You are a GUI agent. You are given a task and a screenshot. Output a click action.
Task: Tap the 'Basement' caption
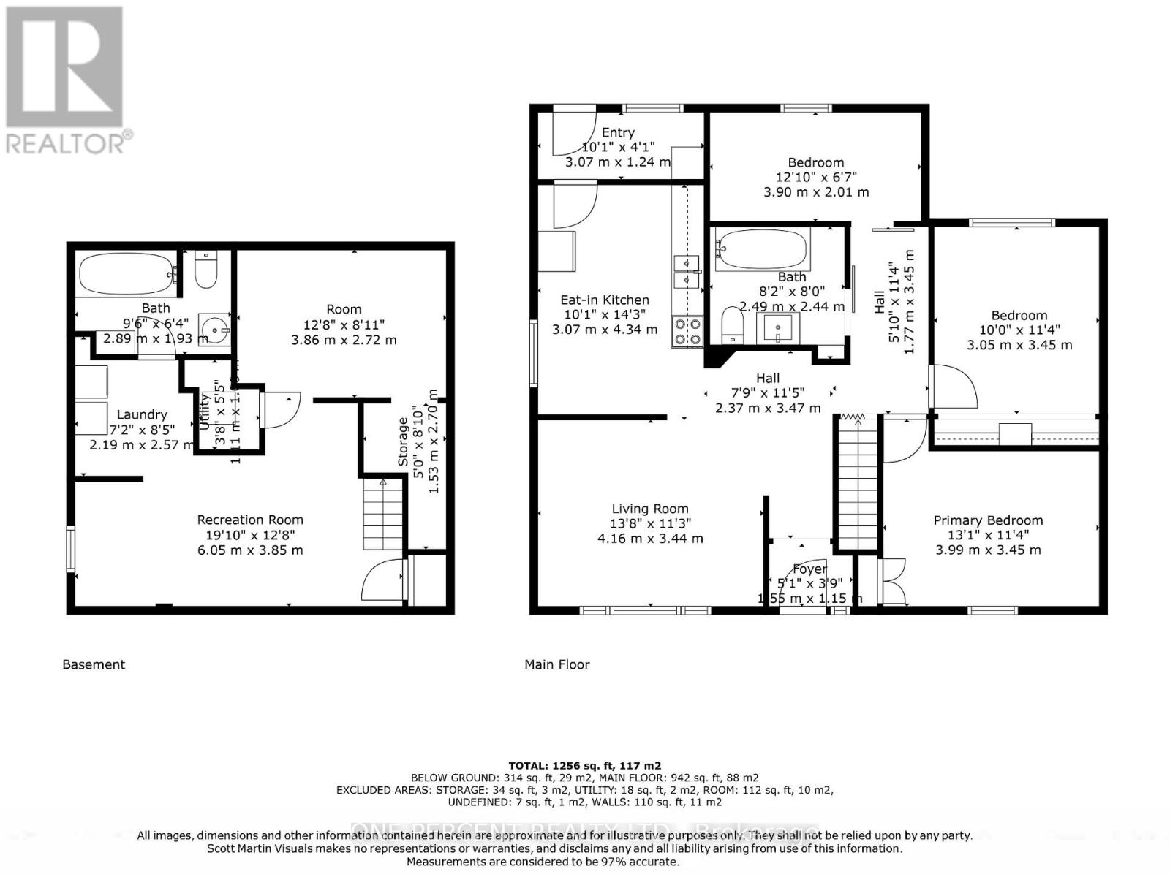pyautogui.click(x=94, y=664)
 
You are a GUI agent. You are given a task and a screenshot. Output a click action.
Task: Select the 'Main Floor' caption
pyautogui.click(x=556, y=664)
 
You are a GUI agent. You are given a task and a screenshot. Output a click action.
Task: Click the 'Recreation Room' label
pyautogui.click(x=250, y=520)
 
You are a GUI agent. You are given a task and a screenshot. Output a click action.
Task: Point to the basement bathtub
pyautogui.click(x=126, y=275)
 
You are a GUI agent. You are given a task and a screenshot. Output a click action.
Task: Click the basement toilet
pyautogui.click(x=206, y=270)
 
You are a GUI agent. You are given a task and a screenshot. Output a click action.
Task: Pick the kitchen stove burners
pyautogui.click(x=687, y=331)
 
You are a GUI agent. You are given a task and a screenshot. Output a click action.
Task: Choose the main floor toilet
pyautogui.click(x=732, y=324)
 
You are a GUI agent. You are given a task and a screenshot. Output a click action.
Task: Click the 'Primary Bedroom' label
pyautogui.click(x=988, y=520)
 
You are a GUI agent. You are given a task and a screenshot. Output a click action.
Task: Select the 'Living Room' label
pyautogui.click(x=650, y=509)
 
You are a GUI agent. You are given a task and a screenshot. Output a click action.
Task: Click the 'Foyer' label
pyautogui.click(x=809, y=569)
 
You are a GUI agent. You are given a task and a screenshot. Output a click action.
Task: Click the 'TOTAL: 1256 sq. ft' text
pyautogui.click(x=584, y=766)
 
